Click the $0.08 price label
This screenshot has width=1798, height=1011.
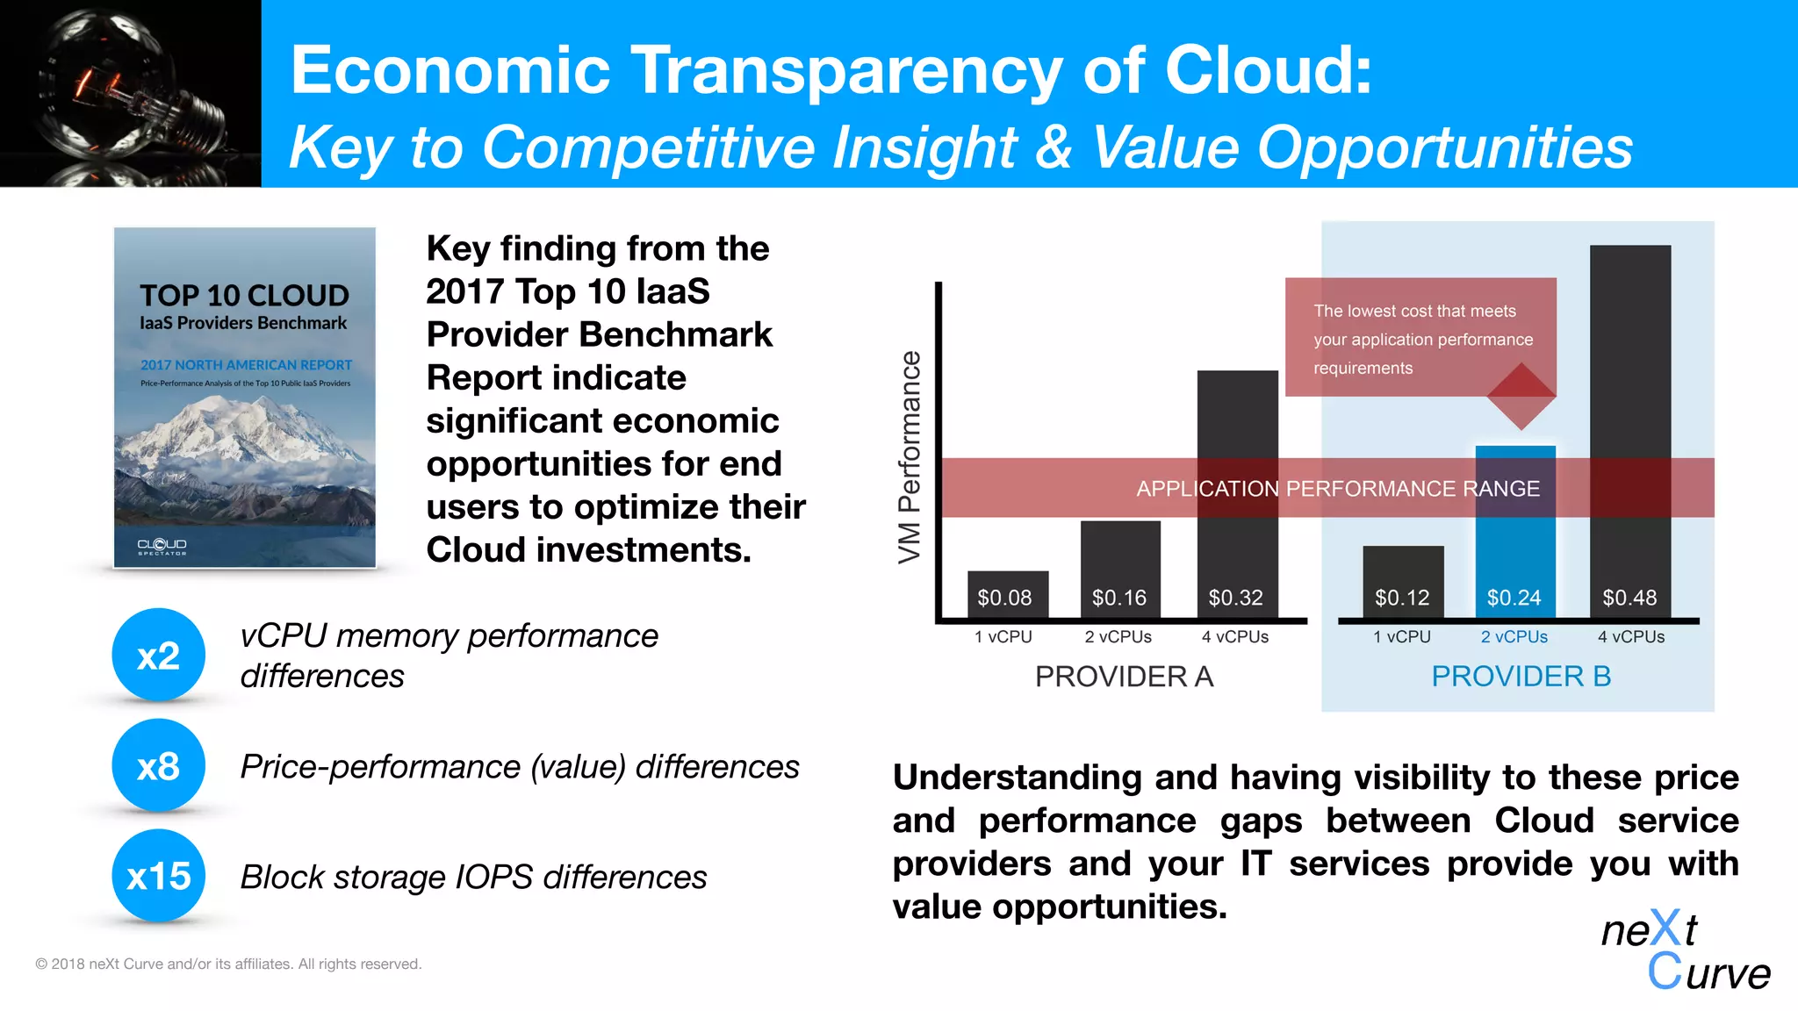click(1004, 598)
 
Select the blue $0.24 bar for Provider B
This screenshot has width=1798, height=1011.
click(1515, 544)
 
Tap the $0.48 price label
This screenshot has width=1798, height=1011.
click(1629, 598)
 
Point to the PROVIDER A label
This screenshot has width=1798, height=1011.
click(1124, 677)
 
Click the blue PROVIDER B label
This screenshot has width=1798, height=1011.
click(1521, 677)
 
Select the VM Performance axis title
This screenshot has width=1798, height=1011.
click(910, 456)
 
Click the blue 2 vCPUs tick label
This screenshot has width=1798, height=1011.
click(1514, 637)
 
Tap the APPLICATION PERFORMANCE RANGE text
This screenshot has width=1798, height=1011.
click(1338, 489)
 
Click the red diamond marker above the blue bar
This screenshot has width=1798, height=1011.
click(1521, 396)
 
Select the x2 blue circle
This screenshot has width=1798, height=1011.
click(159, 655)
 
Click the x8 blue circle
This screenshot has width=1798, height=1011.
click(159, 765)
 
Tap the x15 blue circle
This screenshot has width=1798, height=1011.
click(159, 876)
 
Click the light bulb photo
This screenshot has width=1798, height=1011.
click(130, 93)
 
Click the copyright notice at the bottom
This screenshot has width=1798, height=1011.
click(228, 964)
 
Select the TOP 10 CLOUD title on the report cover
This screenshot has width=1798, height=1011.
click(244, 296)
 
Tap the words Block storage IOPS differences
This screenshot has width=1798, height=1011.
click(473, 877)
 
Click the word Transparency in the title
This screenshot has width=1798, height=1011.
click(845, 70)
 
